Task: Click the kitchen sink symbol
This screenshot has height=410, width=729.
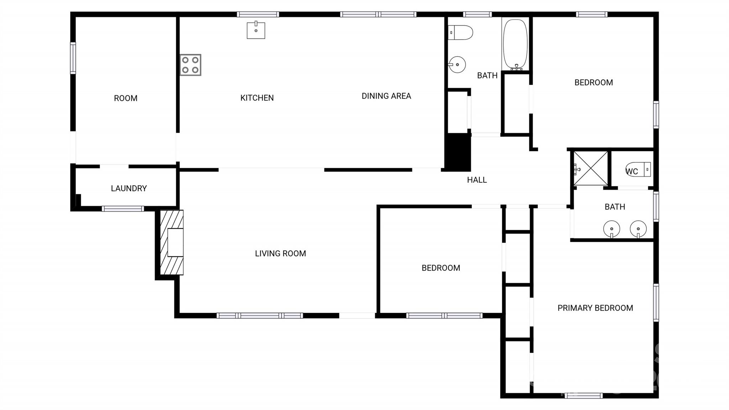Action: click(x=256, y=30)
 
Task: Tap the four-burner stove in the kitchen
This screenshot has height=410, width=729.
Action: click(x=190, y=65)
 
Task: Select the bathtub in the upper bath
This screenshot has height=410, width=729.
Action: click(x=515, y=44)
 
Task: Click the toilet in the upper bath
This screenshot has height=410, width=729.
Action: click(x=460, y=32)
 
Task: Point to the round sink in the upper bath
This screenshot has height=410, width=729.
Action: click(x=457, y=65)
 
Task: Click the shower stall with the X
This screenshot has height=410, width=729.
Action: click(x=591, y=168)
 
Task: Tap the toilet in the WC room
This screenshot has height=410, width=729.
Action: click(x=638, y=170)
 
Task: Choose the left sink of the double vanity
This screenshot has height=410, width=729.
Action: click(x=612, y=229)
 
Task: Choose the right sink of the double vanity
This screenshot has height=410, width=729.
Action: click(x=638, y=229)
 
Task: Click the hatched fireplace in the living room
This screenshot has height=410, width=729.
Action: click(x=172, y=243)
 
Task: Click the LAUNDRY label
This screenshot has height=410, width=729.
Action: click(x=129, y=188)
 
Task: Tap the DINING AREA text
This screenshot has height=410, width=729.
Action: click(x=386, y=96)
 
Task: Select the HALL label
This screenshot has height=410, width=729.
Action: click(x=477, y=180)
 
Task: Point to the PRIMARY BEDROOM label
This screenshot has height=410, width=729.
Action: click(x=595, y=308)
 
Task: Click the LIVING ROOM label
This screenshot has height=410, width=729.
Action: click(x=280, y=254)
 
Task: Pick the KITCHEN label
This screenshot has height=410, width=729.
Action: click(x=257, y=98)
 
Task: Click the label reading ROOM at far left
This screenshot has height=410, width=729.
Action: click(x=126, y=98)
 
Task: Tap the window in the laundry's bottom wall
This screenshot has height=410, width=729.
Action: click(x=123, y=209)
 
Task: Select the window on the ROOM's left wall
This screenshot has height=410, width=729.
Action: click(x=73, y=58)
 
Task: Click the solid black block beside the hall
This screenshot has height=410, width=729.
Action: click(x=458, y=152)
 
